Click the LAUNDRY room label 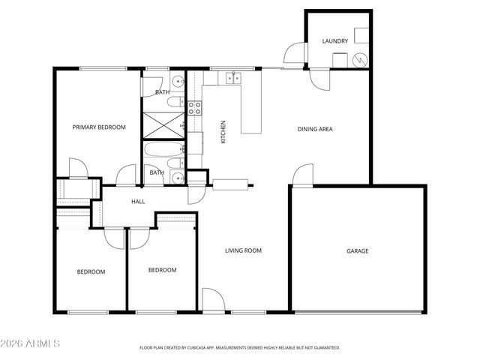coord(334,40)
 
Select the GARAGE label coord(357,251)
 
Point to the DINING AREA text coord(315,129)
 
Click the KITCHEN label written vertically coord(223,132)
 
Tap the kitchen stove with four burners coord(194,108)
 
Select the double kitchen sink coord(229,76)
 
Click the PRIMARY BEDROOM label coord(99,127)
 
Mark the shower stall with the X coord(163,124)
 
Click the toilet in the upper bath coord(175,102)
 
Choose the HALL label coord(138,202)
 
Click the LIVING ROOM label coord(243,250)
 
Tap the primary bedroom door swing coord(78,167)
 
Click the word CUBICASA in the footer coord(201,348)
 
